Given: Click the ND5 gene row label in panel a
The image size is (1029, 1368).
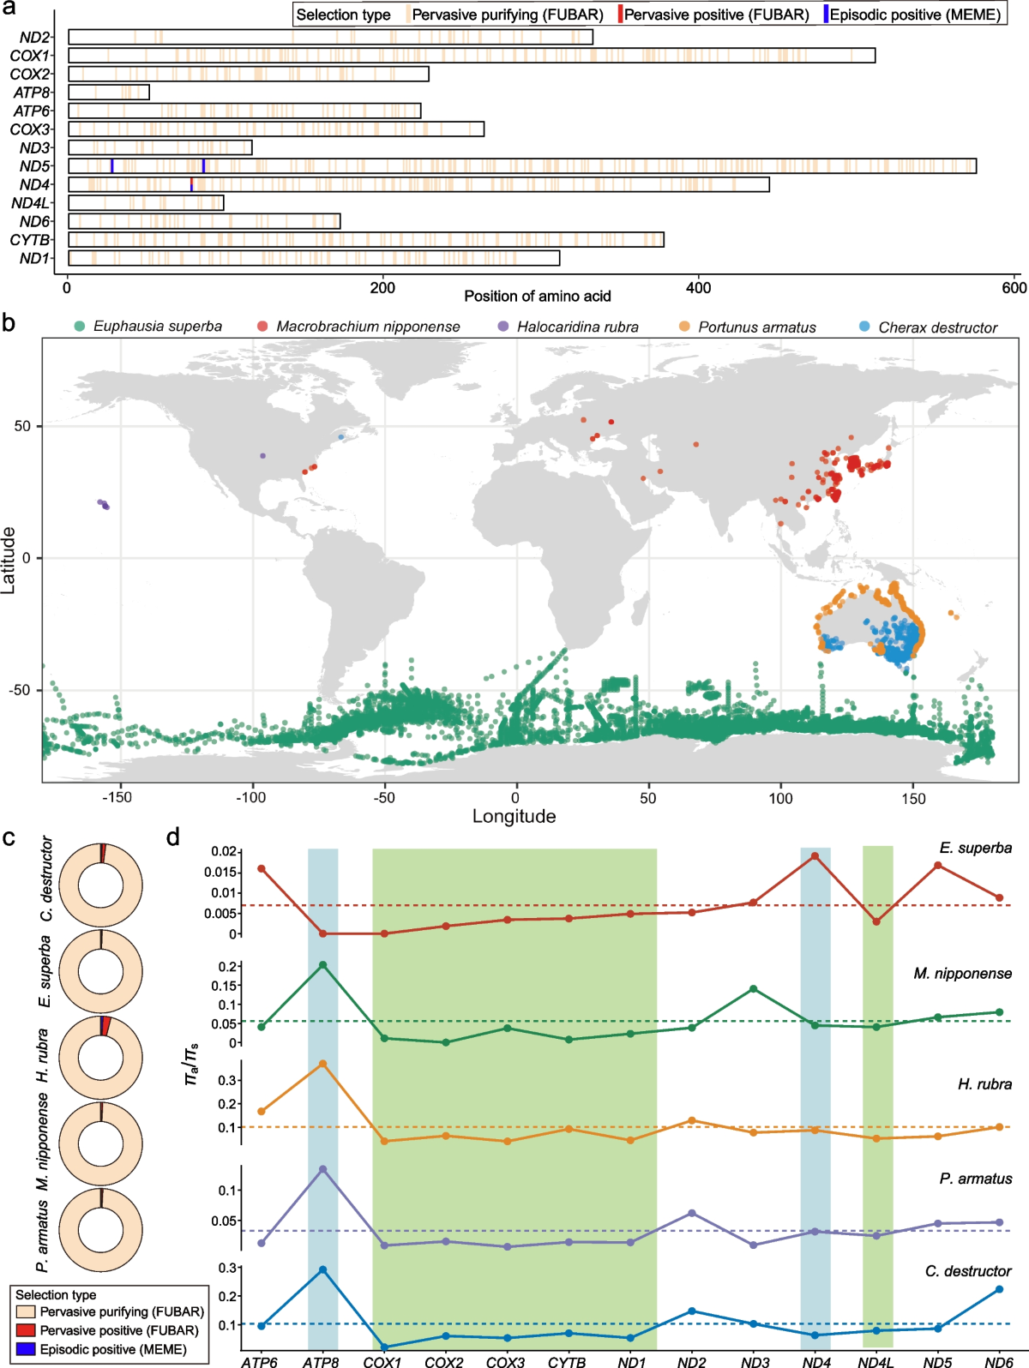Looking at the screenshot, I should click(x=35, y=166).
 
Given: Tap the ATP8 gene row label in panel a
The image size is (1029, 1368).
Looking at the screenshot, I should click(x=33, y=93).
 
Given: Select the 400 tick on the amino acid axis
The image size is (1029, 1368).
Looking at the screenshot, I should click(x=699, y=288).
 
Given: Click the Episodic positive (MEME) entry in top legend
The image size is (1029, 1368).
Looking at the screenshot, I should click(x=914, y=15).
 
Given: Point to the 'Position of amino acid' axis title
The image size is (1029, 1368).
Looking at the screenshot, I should click(x=538, y=297).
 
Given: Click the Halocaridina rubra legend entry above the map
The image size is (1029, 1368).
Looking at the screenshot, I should click(x=577, y=327).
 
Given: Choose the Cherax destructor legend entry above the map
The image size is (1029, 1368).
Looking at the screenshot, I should click(x=937, y=327).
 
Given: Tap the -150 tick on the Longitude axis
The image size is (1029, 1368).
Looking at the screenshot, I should click(x=117, y=798).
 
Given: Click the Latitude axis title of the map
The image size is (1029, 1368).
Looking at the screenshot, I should click(x=9, y=560).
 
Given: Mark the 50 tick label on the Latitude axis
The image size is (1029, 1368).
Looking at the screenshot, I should click(x=22, y=426).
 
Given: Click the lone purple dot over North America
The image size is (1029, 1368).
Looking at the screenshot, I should click(x=262, y=456).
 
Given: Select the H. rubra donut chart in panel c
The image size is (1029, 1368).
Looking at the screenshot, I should click(x=100, y=1058).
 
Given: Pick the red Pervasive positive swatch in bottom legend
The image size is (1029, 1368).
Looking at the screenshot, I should click(x=26, y=1330).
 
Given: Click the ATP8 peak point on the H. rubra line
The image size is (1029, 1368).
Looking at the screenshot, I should click(x=323, y=1065).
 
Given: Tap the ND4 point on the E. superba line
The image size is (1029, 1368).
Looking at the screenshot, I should click(x=815, y=855).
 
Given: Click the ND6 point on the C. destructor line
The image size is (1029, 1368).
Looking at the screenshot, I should click(x=999, y=1289).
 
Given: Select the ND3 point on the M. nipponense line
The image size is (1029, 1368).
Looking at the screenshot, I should click(x=753, y=989).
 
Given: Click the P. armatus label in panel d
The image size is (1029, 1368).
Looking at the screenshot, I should click(x=975, y=1179).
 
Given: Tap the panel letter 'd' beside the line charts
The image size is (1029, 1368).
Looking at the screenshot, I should click(x=173, y=837).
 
